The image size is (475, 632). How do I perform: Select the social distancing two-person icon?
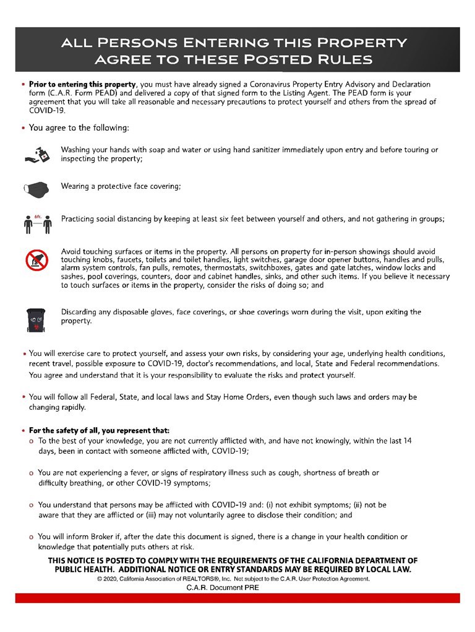(37, 223)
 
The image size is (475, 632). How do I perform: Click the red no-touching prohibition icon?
(36, 260)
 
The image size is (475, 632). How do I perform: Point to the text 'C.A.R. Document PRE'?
(223, 587)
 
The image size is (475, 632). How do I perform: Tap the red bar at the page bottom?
(237, 598)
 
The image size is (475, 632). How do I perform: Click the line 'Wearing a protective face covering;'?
(121, 186)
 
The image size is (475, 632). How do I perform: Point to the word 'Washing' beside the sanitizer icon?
(76, 150)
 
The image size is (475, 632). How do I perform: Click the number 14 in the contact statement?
(407, 441)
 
